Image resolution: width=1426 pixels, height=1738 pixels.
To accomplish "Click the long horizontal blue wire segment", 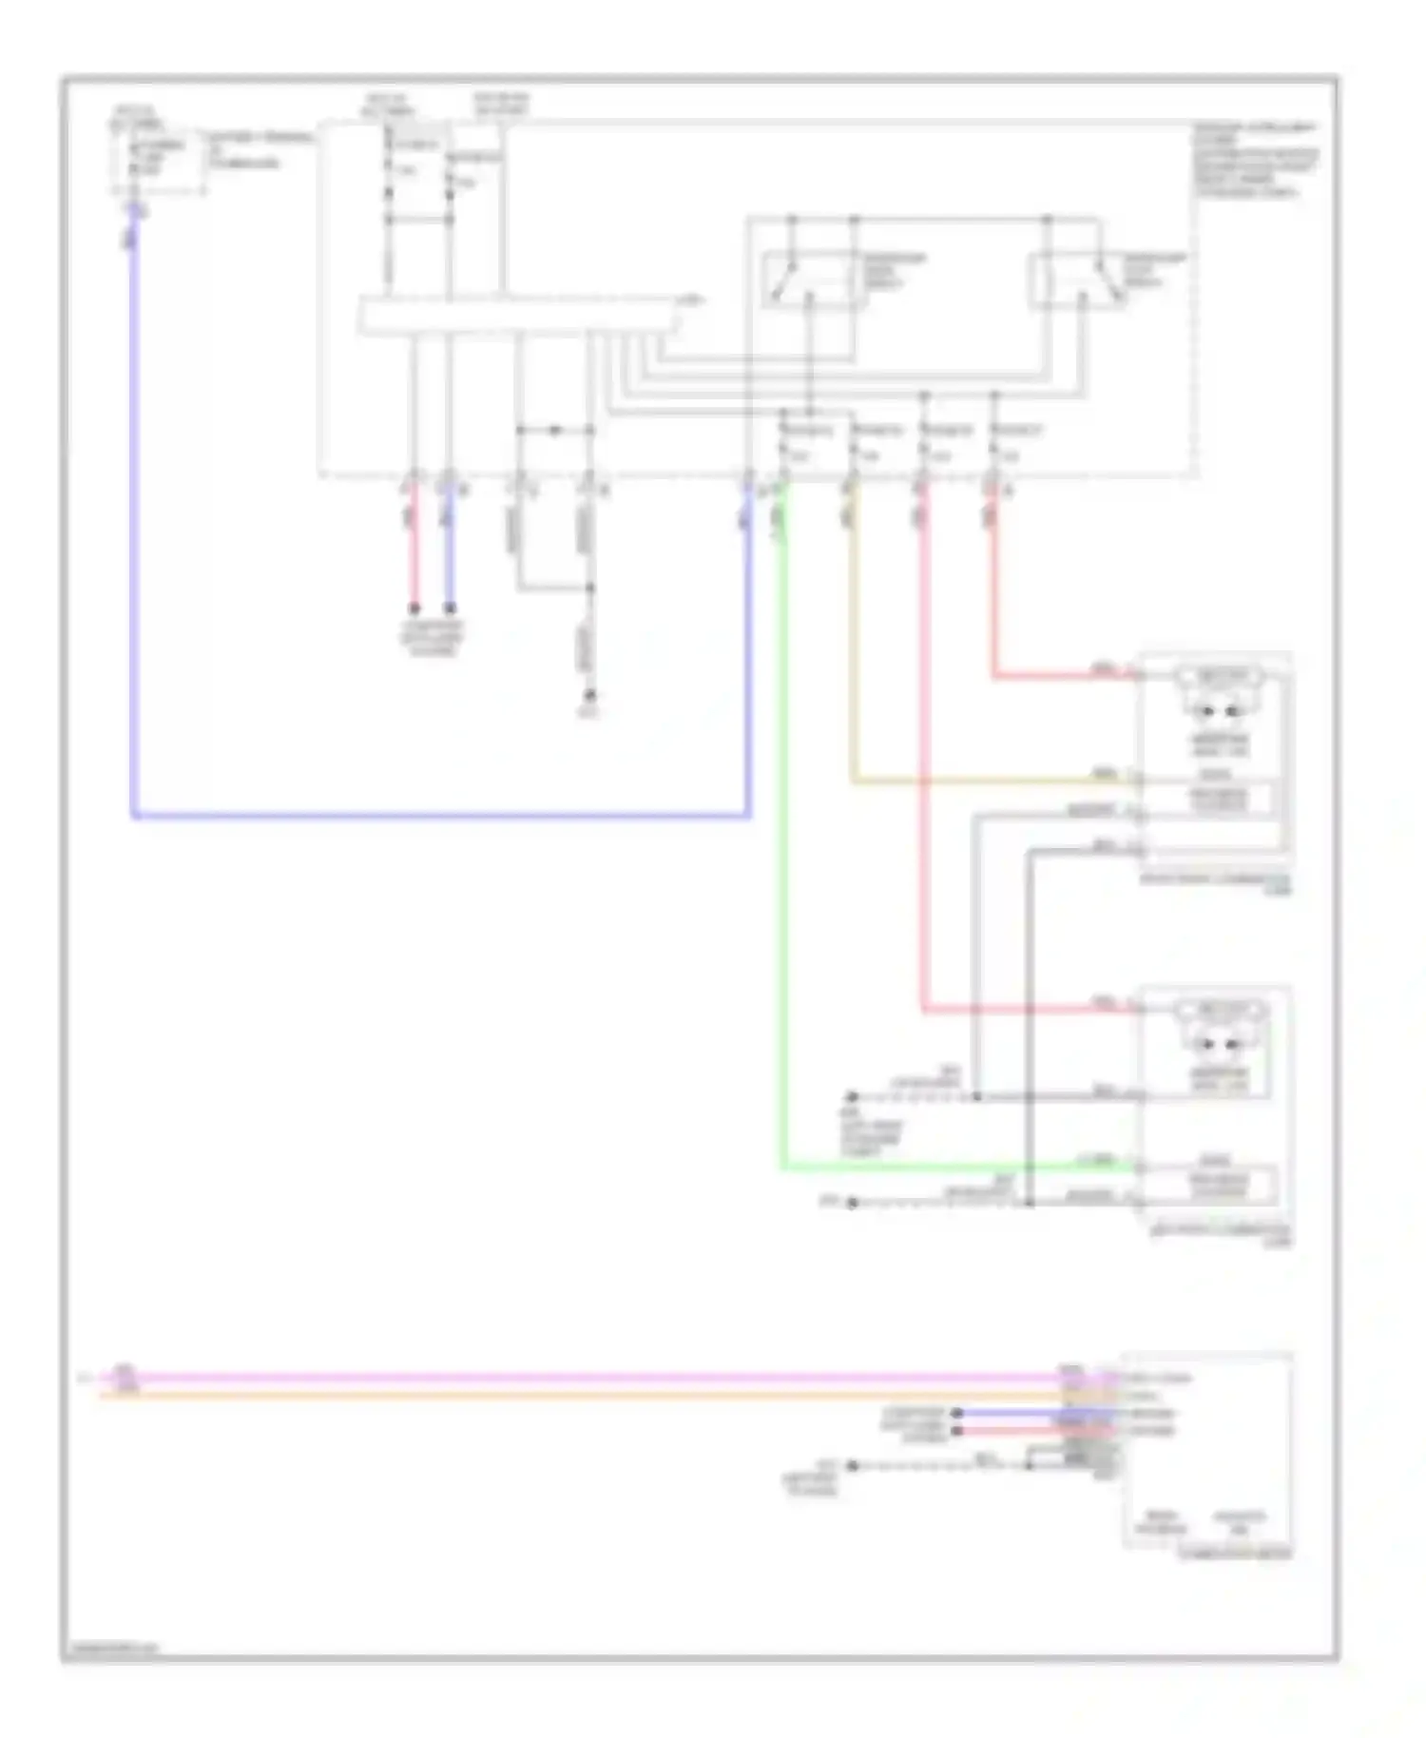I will click(x=437, y=816).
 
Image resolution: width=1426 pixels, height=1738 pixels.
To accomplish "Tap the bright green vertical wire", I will click(x=783, y=856).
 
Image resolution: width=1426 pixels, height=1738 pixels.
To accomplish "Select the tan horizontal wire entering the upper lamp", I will click(x=989, y=782).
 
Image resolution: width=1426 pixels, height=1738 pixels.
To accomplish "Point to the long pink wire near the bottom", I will click(x=570, y=1377).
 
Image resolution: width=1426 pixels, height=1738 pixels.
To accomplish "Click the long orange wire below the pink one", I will click(x=570, y=1395).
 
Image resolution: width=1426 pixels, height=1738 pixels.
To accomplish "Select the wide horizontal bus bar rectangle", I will click(x=519, y=316).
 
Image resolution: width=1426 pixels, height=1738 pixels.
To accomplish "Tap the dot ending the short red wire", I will click(x=414, y=608).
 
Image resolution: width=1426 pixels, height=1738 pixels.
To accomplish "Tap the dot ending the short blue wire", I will click(x=450, y=608).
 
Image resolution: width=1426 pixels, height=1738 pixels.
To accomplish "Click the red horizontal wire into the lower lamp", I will click(x=1027, y=1010).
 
